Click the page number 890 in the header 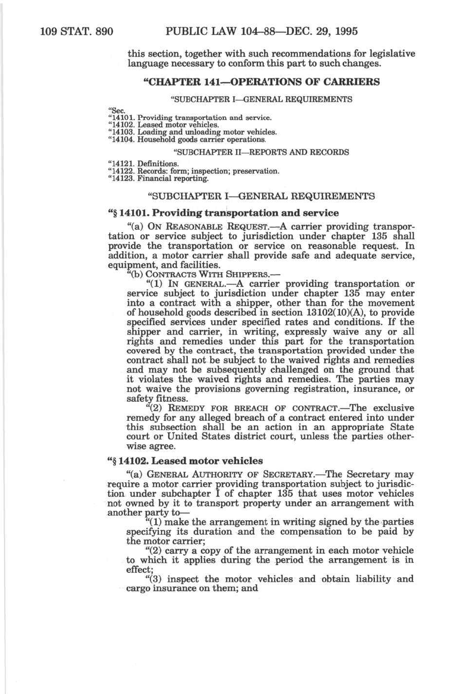[103, 32]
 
